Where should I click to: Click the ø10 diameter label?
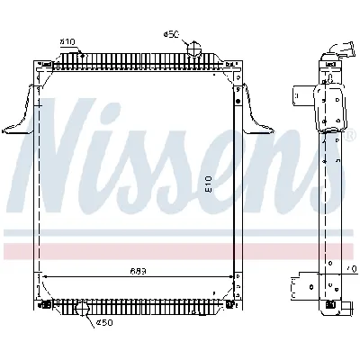click(67, 41)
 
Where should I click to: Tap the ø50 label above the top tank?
click(171, 34)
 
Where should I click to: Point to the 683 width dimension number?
click(138, 270)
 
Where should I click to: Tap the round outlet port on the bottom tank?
click(84, 310)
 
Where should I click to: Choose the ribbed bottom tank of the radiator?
click(135, 301)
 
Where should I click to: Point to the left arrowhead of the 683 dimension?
click(44, 275)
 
